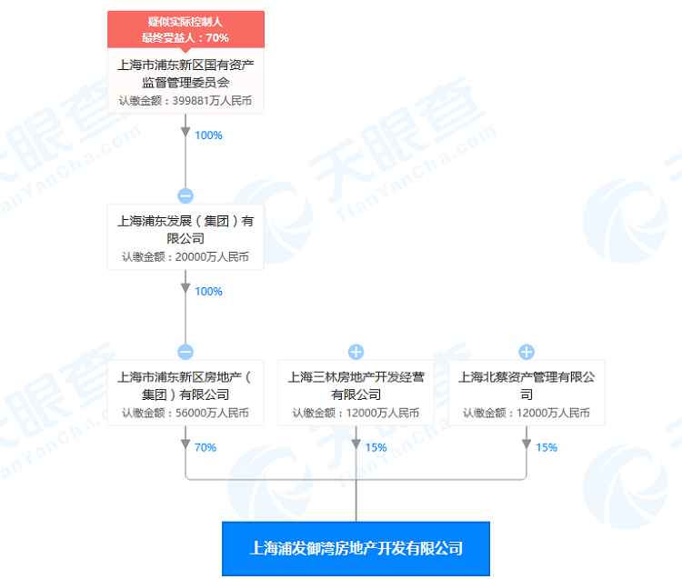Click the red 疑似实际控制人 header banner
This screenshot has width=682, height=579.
[x=186, y=29]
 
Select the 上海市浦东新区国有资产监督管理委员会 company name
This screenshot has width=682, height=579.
[x=186, y=74]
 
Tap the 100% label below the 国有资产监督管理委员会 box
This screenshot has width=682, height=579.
[x=208, y=135]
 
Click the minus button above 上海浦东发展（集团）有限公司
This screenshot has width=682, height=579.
[x=186, y=195]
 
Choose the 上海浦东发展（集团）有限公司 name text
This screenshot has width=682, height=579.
[x=186, y=229]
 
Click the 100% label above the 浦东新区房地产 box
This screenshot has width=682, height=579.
[x=208, y=291]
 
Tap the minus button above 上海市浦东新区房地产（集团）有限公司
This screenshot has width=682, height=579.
[x=186, y=352]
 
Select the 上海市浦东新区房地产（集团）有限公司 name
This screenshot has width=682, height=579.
[x=186, y=385]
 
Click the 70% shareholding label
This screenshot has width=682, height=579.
[x=205, y=447]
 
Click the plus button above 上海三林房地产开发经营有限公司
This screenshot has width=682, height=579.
[x=356, y=352]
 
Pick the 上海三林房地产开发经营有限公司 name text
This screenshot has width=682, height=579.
[x=356, y=385]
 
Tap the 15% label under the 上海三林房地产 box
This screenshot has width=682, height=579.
[x=376, y=447]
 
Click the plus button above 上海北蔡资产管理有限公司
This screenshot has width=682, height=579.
[x=527, y=352]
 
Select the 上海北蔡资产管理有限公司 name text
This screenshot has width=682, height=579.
[x=527, y=385]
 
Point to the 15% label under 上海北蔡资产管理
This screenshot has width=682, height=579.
[x=547, y=447]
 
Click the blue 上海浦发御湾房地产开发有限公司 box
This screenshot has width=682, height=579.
[x=356, y=548]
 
